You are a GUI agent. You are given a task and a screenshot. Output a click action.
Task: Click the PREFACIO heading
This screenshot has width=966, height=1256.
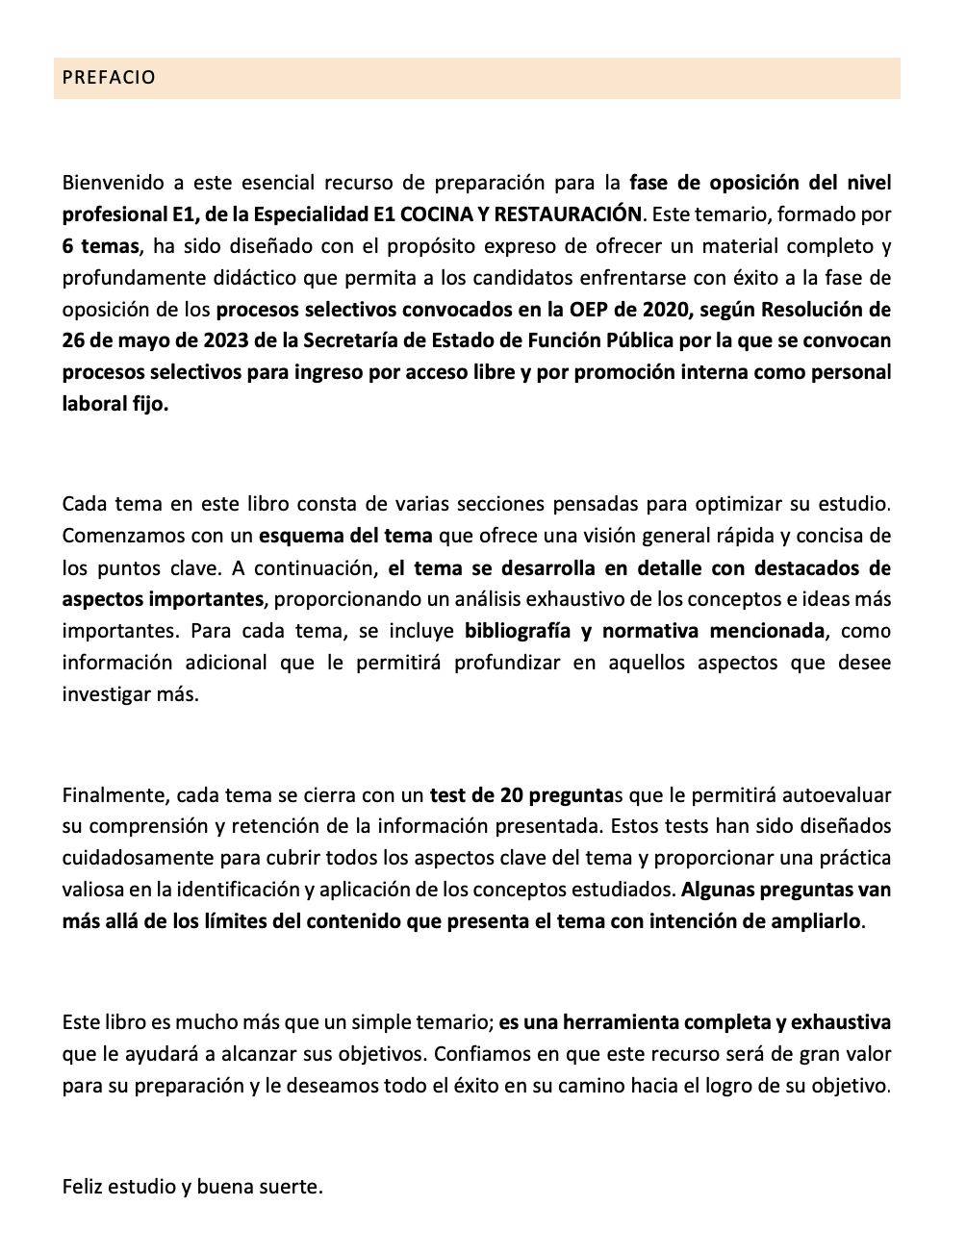point(109,78)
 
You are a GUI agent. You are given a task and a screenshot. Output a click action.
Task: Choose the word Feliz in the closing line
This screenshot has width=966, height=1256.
point(83,1186)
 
